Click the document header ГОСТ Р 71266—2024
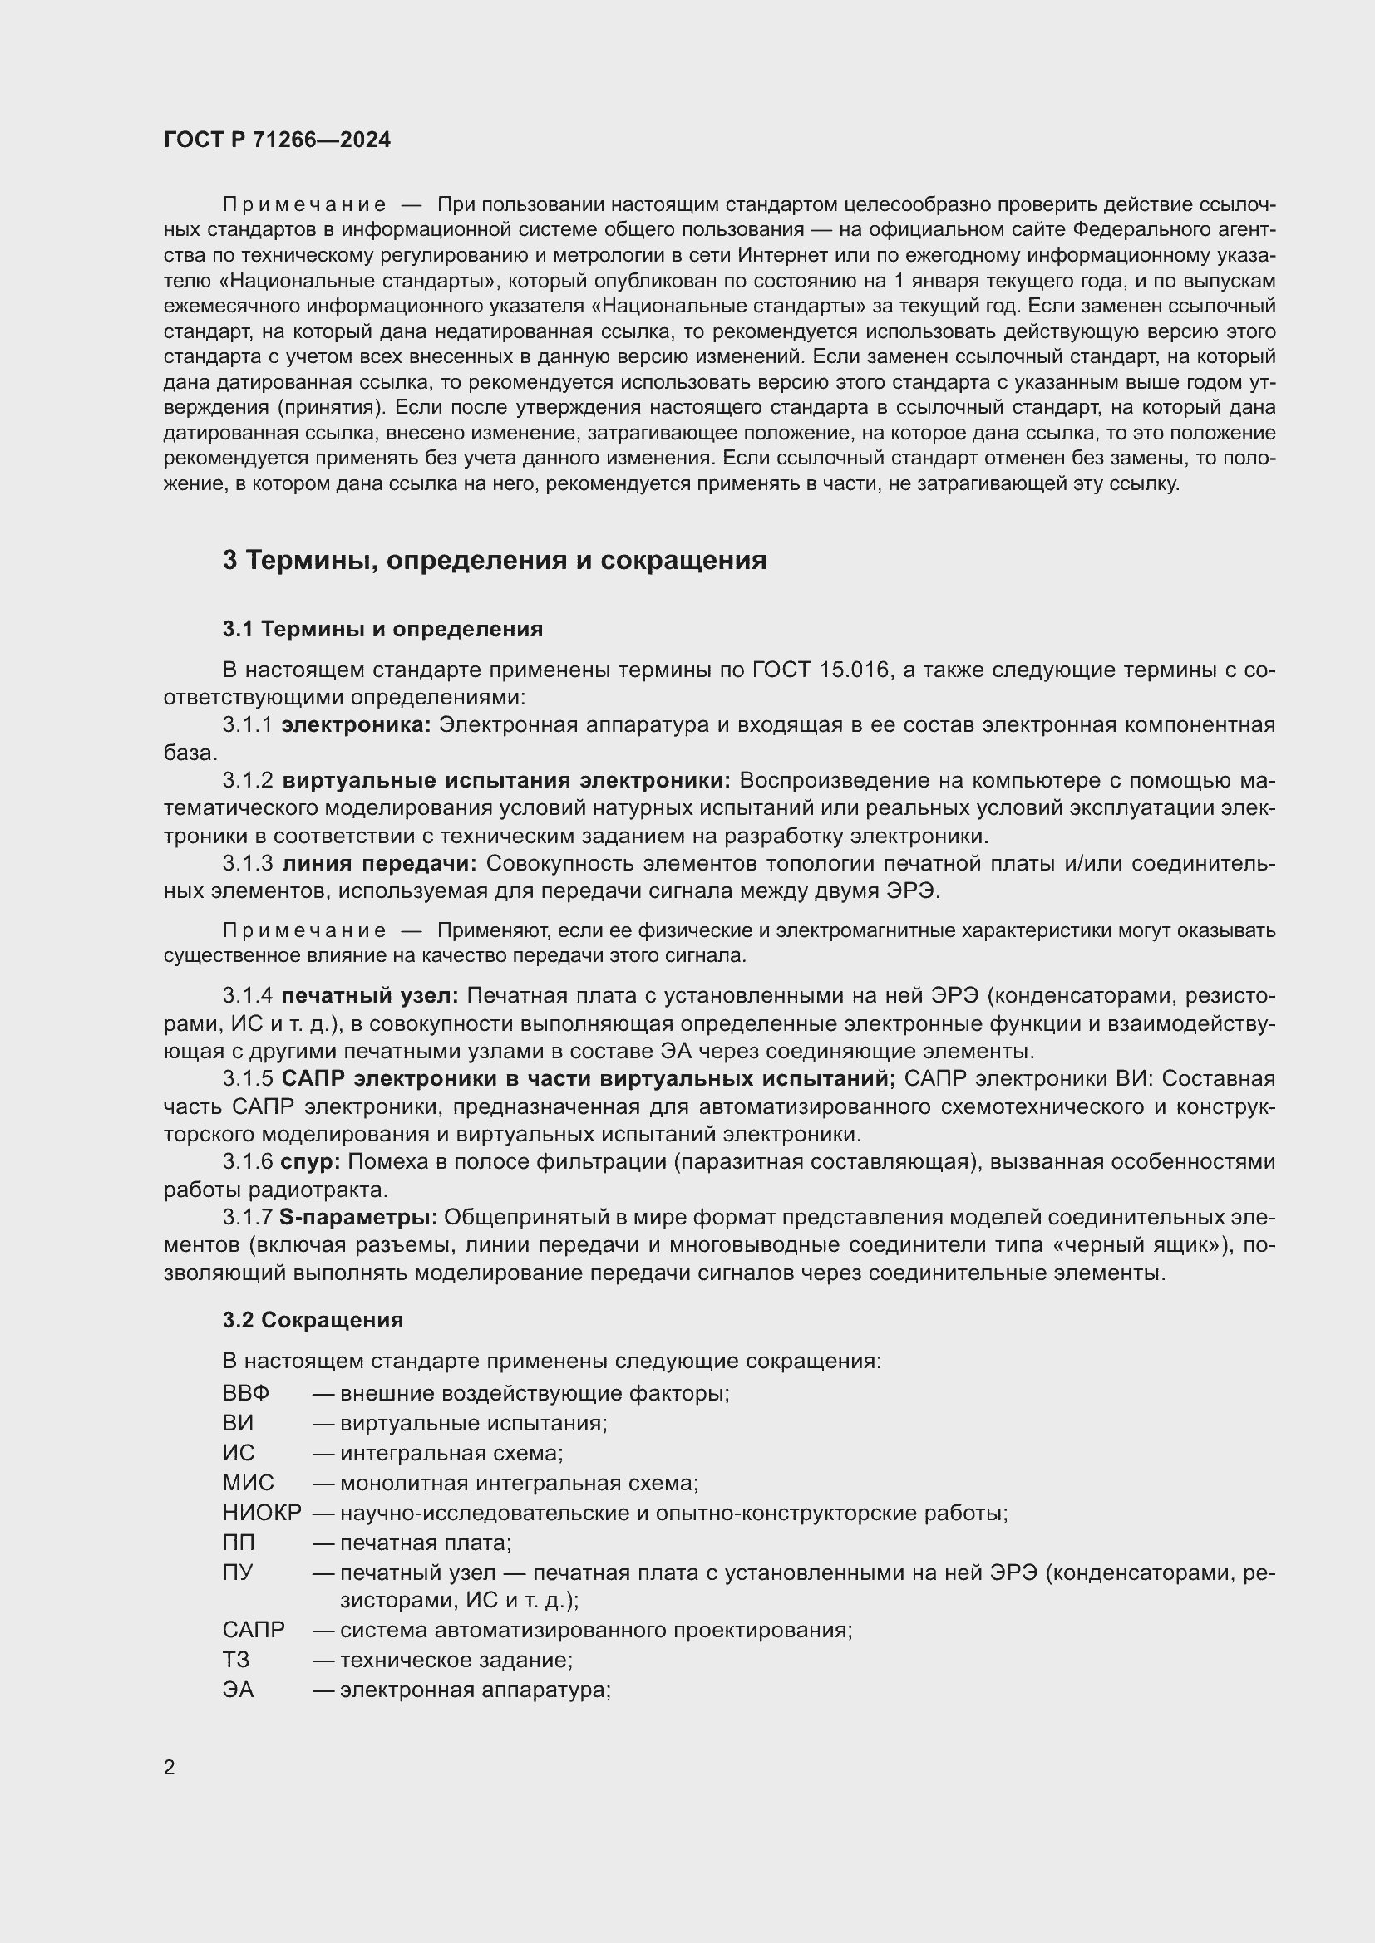277,140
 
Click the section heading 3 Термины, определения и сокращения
495,560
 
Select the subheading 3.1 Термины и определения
382,629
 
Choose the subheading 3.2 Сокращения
313,1319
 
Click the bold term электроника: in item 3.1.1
357,724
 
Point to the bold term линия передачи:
379,863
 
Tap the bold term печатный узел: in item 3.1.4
370,995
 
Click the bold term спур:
310,1162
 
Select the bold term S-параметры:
358,1217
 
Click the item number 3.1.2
247,779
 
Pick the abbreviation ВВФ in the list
245,1393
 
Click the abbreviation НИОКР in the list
262,1512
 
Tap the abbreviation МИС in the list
248,1483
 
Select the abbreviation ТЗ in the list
236,1660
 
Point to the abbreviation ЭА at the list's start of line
238,1690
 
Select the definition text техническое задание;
456,1660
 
